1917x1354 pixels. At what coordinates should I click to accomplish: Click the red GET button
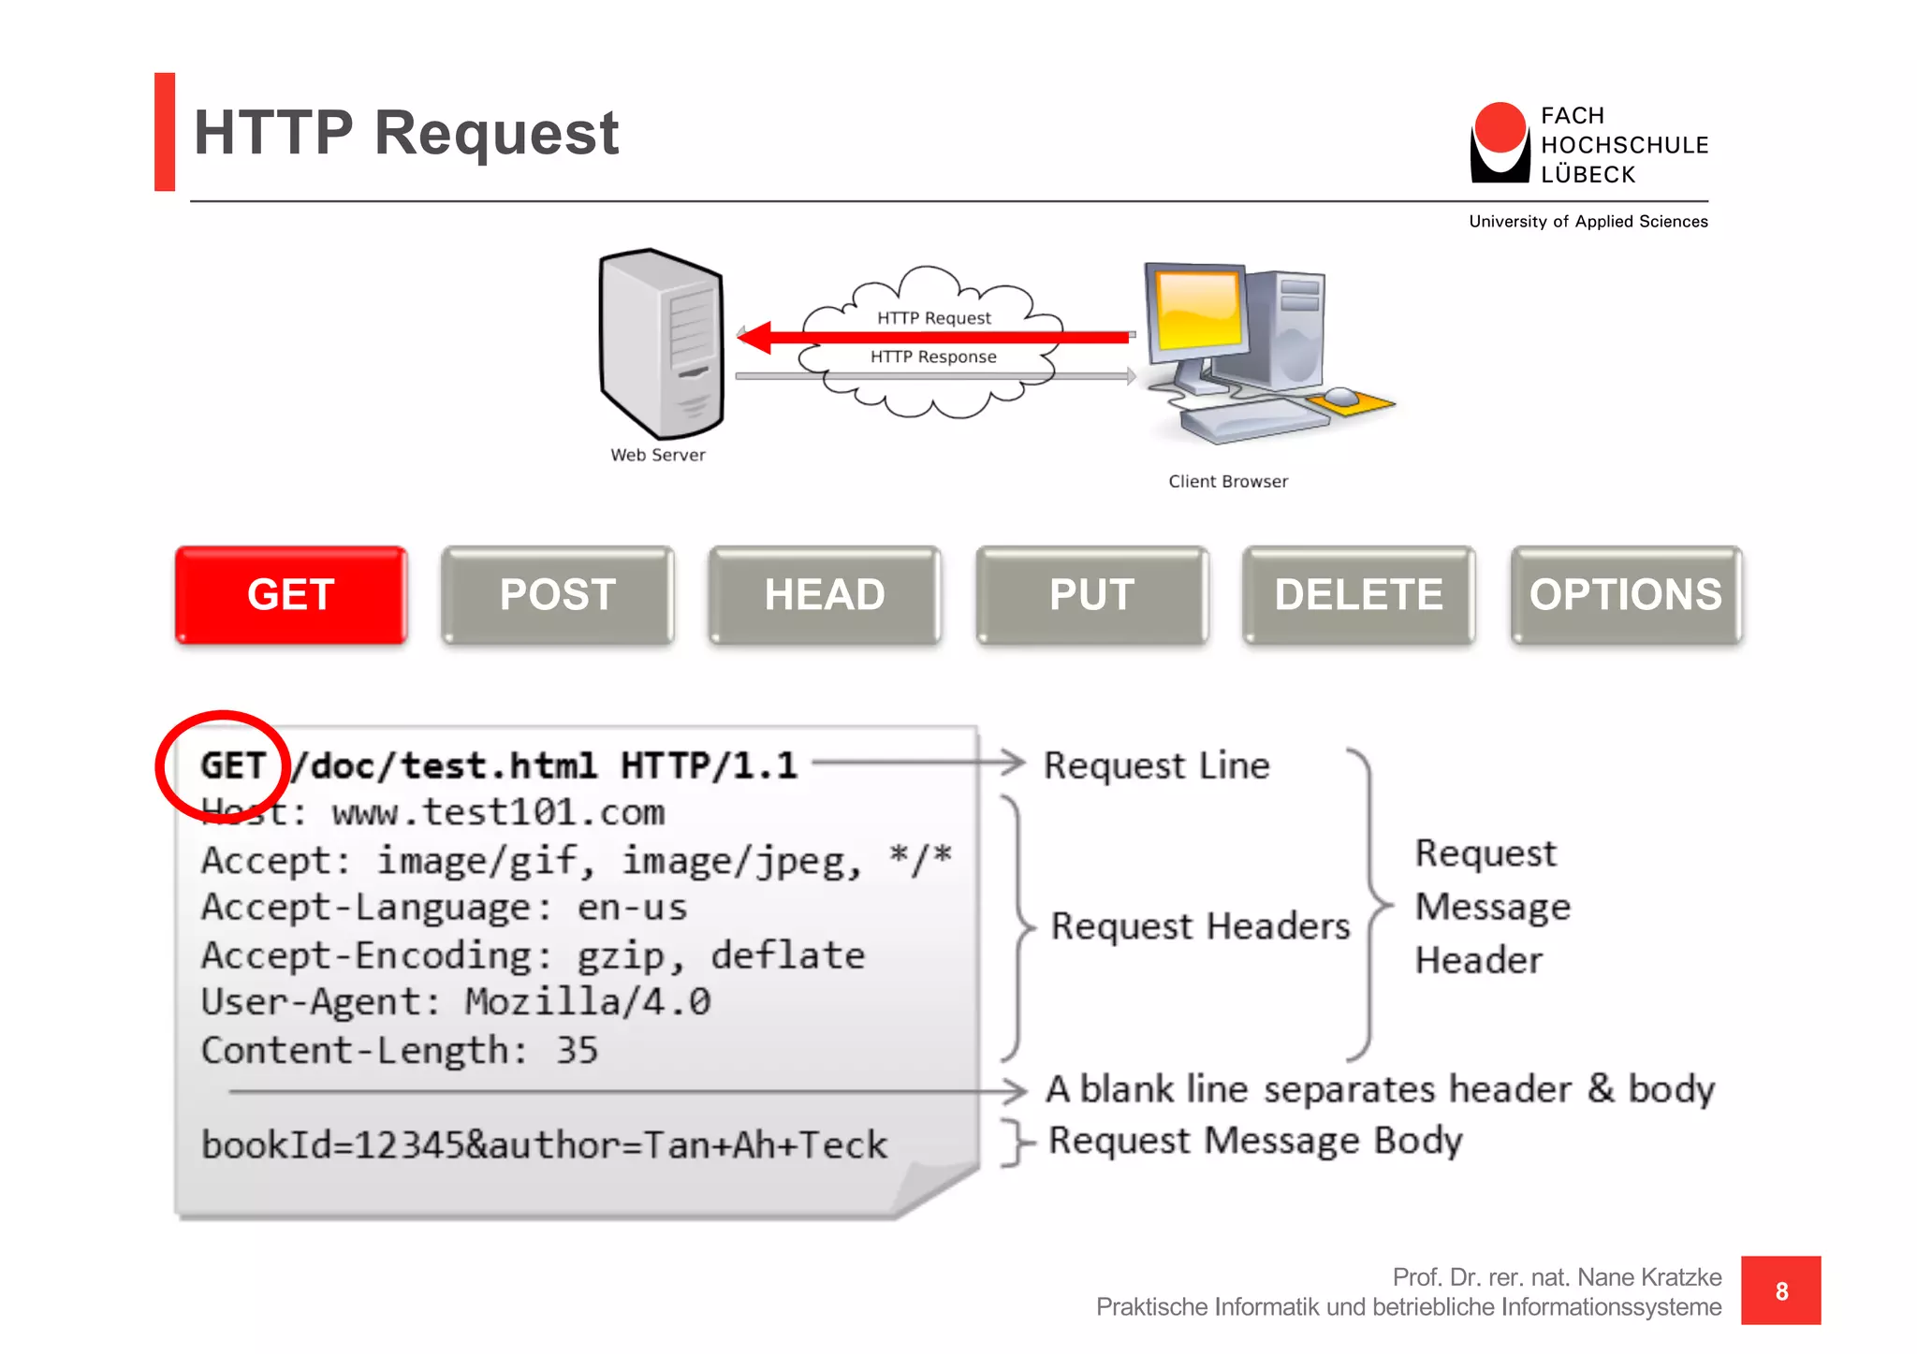point(291,595)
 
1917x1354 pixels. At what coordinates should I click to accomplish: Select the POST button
point(558,595)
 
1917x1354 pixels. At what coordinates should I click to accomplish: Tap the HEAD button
point(825,595)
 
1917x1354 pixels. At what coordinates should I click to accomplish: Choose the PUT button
point(1091,595)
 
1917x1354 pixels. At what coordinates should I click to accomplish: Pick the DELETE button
point(1358,595)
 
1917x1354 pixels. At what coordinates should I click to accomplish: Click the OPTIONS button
point(1626,595)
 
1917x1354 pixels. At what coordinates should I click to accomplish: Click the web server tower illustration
point(662,343)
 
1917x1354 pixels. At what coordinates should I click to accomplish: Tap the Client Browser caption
point(1228,481)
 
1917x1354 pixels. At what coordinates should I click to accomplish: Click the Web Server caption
point(658,455)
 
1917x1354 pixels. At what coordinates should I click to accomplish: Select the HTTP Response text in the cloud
point(933,357)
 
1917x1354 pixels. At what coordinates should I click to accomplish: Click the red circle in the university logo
point(1500,128)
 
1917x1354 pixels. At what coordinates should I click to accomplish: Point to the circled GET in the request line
point(232,765)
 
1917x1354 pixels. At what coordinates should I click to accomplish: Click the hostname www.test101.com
point(498,812)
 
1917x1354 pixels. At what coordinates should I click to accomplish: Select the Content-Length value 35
point(577,1050)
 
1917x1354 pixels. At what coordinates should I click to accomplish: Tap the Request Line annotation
point(1157,765)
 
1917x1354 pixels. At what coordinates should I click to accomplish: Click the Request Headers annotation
point(1200,925)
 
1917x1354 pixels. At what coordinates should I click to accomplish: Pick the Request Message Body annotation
point(1255,1141)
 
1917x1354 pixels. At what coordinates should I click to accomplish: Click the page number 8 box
point(1780,1290)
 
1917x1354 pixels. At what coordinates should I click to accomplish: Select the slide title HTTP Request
point(406,132)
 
